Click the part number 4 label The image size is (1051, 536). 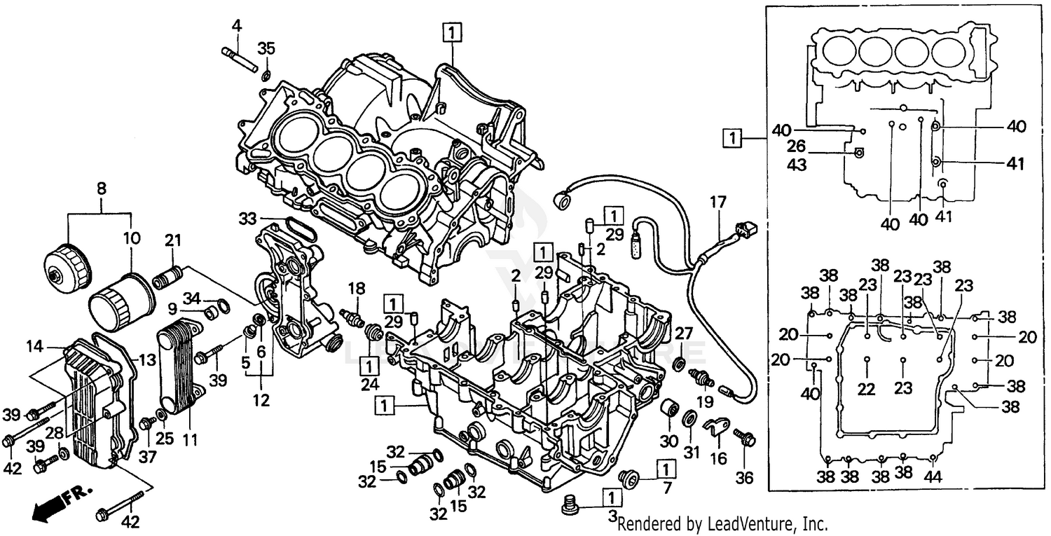(x=237, y=27)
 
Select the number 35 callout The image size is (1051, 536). (x=266, y=48)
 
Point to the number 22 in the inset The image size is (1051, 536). (x=867, y=389)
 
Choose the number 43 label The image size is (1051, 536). (x=796, y=165)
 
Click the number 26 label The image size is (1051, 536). (x=796, y=146)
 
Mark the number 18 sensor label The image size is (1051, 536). (x=356, y=289)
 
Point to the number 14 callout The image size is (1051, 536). (x=35, y=345)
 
